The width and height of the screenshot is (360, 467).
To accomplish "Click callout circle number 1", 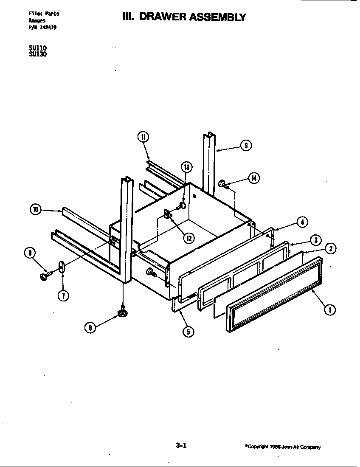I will [329, 310].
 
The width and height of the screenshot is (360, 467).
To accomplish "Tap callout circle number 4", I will [302, 222].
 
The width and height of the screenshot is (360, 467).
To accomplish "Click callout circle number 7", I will [62, 296].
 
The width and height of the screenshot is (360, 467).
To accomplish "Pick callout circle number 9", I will [246, 146].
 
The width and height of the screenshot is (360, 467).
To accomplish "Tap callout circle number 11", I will [143, 137].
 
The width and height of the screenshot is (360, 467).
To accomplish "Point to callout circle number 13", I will [187, 167].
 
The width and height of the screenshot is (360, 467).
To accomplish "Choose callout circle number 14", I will [253, 178].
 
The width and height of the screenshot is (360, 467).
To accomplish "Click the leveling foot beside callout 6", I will [123, 314].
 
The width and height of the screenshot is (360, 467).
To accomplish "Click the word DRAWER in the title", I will [164, 17].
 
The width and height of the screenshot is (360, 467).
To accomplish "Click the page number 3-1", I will [181, 445].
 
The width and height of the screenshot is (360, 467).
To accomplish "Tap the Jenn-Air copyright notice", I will [283, 447].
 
